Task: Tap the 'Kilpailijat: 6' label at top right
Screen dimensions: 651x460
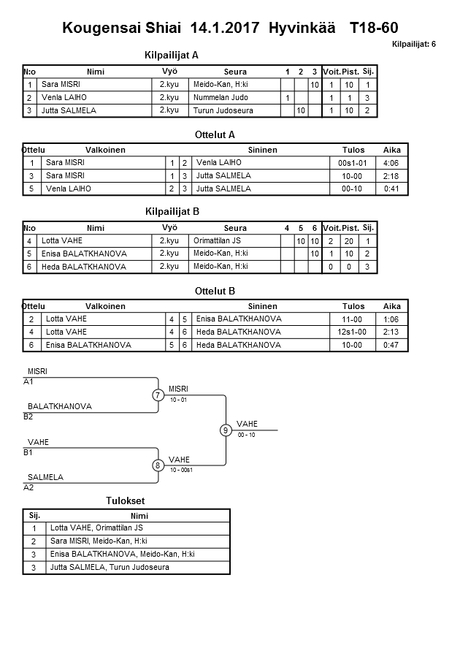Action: tap(414, 45)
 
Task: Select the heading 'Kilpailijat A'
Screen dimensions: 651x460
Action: tap(172, 55)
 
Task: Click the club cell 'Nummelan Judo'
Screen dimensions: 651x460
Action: tap(221, 97)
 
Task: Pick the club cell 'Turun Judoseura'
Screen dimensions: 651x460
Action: tap(223, 110)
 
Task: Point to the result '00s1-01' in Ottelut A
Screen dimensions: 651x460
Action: tap(353, 162)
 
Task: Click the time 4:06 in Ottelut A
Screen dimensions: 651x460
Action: tap(391, 162)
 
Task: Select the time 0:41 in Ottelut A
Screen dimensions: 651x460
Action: tap(391, 189)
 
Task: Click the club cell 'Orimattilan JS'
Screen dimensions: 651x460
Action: tap(218, 240)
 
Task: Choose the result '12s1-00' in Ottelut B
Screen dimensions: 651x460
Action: tap(353, 331)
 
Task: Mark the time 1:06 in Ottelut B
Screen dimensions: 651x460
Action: tap(391, 318)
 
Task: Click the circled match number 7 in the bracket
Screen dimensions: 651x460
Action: tap(158, 395)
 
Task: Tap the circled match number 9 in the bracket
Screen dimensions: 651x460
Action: tap(226, 430)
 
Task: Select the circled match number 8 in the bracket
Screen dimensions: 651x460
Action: tap(158, 465)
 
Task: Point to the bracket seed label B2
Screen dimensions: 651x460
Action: tap(28, 416)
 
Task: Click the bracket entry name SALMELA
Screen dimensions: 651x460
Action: tap(45, 477)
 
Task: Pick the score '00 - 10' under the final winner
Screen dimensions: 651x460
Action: tap(247, 435)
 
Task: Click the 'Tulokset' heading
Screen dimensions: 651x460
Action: tap(126, 500)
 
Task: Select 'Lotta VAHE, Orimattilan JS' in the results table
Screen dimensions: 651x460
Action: tap(96, 528)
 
